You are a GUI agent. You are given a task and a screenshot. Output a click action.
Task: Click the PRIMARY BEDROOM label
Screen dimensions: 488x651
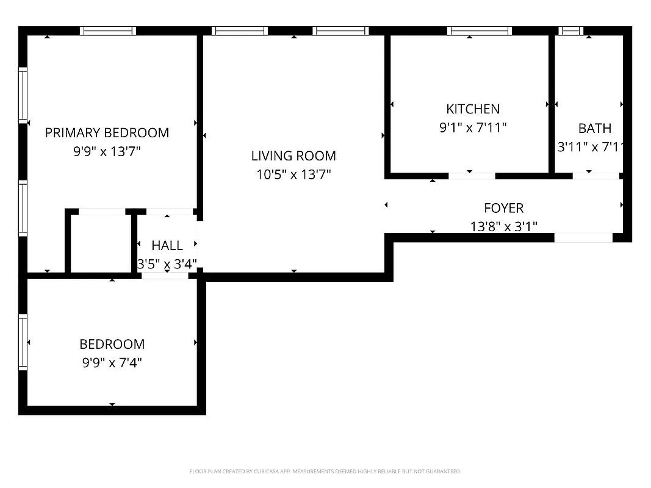(x=107, y=132)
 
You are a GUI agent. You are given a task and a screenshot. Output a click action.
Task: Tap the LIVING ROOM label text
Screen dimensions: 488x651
(x=293, y=156)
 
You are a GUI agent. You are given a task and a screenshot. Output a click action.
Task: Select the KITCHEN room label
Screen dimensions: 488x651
(x=473, y=109)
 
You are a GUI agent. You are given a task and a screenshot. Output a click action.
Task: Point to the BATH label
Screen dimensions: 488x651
(x=594, y=128)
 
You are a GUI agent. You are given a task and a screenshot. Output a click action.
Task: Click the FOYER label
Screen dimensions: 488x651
(x=503, y=208)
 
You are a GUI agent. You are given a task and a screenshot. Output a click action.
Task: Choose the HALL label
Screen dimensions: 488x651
(x=167, y=246)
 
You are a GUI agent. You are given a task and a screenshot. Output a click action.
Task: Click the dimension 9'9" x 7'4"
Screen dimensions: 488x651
(x=112, y=363)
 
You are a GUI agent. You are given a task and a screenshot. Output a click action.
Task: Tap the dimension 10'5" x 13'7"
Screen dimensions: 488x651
(x=293, y=175)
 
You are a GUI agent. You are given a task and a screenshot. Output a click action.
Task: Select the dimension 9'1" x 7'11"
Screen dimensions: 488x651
(x=473, y=127)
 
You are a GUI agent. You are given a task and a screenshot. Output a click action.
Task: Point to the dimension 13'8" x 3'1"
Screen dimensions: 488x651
(x=503, y=227)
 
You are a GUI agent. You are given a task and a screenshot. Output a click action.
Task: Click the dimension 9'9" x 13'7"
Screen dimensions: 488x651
(x=107, y=151)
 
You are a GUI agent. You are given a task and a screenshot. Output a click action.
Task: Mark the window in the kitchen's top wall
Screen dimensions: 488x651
(x=479, y=30)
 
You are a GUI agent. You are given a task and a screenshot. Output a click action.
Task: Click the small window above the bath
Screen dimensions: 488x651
(x=571, y=30)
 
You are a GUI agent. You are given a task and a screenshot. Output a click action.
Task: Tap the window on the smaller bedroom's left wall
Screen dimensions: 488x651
(x=23, y=342)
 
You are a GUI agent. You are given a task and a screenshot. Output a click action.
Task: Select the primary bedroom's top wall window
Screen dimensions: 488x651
(x=108, y=30)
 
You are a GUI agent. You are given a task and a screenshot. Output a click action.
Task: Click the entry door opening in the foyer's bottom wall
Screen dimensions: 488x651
(x=583, y=238)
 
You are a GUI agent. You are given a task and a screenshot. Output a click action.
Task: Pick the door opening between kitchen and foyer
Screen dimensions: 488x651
(x=472, y=176)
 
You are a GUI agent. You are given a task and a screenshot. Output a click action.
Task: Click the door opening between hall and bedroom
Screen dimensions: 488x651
(x=165, y=276)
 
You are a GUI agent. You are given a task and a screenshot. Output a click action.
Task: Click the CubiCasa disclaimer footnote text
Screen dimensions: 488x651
(x=325, y=472)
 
